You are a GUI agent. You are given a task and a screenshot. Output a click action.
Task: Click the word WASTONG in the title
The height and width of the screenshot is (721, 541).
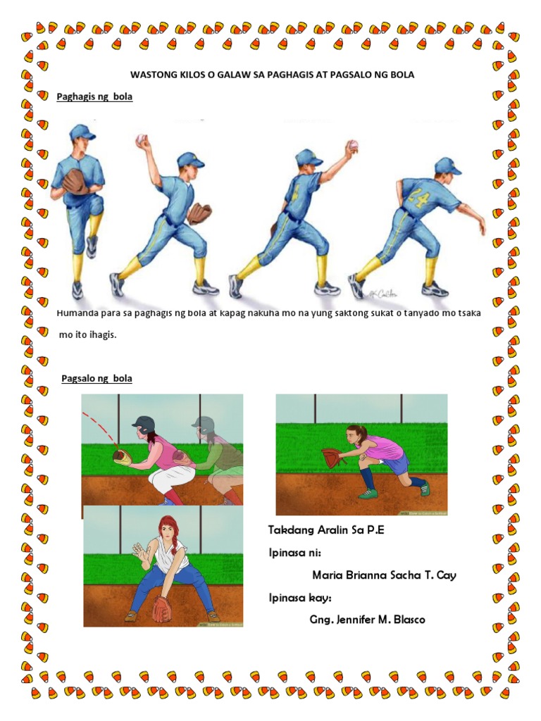(150, 75)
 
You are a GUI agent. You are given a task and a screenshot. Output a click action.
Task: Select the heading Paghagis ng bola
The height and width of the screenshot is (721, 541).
(94, 96)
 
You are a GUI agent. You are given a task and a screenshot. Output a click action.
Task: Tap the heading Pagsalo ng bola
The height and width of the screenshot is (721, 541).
(97, 378)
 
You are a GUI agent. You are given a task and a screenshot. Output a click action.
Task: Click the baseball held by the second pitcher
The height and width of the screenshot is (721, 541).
(141, 139)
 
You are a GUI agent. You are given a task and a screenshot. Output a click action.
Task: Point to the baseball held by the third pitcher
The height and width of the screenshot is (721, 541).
(354, 145)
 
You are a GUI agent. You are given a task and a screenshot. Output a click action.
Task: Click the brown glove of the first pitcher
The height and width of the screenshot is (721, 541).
(75, 181)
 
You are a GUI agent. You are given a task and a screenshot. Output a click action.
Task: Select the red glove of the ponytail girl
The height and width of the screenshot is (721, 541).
(334, 457)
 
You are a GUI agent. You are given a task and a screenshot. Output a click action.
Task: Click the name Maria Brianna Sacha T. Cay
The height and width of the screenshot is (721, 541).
(384, 575)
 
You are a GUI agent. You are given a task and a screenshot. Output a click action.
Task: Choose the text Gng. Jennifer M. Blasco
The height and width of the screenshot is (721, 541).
(367, 620)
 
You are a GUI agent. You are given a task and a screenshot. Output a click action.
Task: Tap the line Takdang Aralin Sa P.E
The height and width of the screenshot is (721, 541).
(326, 530)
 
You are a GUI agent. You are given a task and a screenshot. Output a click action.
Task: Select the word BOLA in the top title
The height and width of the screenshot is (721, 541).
(402, 75)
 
